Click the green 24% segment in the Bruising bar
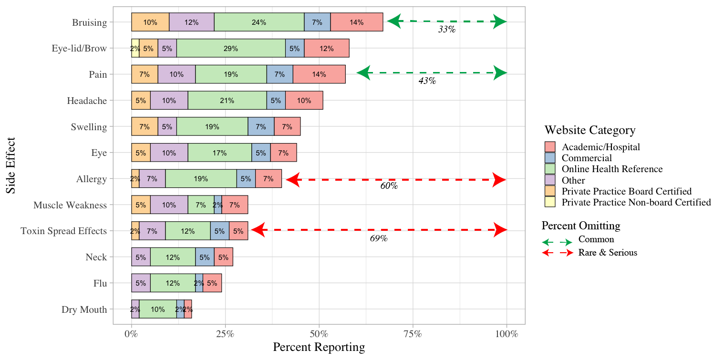coord(259,22)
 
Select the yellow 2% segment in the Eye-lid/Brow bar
coord(135,48)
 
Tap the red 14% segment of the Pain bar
coord(319,74)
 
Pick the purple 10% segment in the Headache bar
coord(169,101)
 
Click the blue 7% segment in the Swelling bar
coord(261,127)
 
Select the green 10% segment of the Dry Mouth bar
coord(158,309)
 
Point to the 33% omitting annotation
coord(447,30)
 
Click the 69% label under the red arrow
coord(379,238)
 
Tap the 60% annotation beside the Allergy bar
coord(389,186)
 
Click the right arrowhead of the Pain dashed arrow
coord(500,73)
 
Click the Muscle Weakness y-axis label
coord(70,205)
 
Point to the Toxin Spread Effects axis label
coord(63,231)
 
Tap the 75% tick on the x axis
coord(413,334)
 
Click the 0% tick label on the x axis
coord(131,334)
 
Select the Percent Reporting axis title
coord(319,348)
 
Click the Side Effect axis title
coord(11,165)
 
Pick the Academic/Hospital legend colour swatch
coord(550,147)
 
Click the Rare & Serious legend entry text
coord(608,253)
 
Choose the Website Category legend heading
coord(590,130)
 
